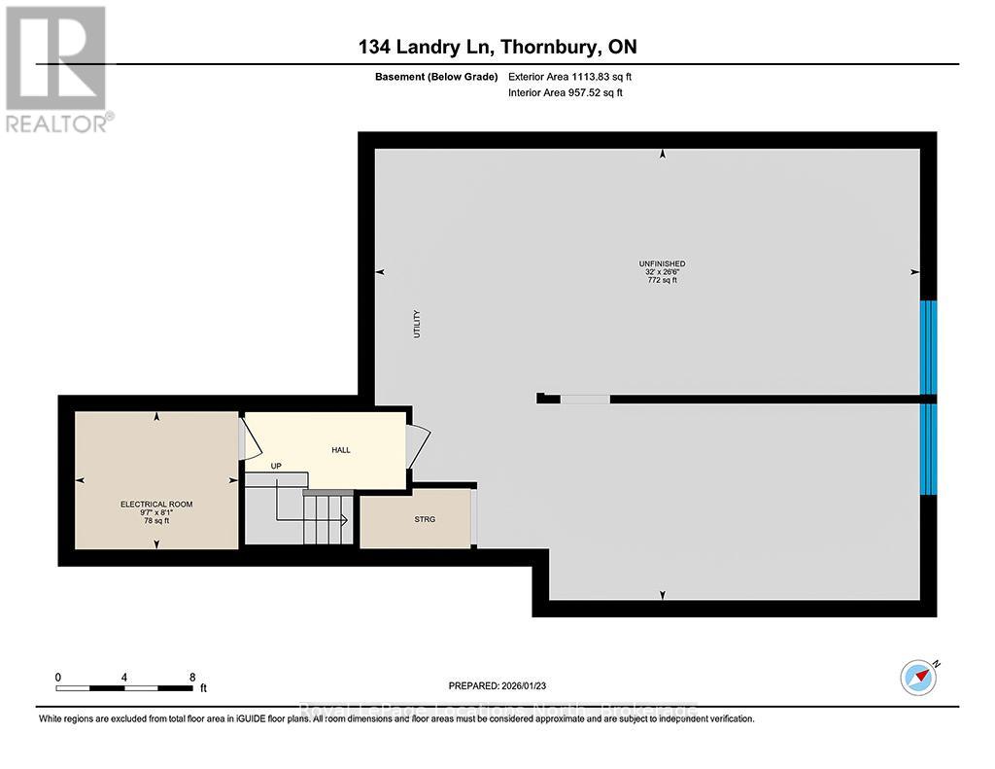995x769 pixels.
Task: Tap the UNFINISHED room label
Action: pyautogui.click(x=663, y=263)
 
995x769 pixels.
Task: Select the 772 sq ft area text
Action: pyautogui.click(x=663, y=280)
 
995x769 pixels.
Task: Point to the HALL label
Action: pyautogui.click(x=340, y=450)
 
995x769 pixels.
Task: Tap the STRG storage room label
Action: pyautogui.click(x=425, y=519)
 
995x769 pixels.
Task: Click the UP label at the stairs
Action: pyautogui.click(x=276, y=467)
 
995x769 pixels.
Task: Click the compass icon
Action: pyautogui.click(x=918, y=677)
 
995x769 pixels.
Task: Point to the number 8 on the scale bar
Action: pyautogui.click(x=192, y=677)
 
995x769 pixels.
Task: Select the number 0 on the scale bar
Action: pyautogui.click(x=58, y=677)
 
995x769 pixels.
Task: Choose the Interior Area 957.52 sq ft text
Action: pyautogui.click(x=566, y=92)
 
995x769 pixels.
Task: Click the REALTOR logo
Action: pyautogui.click(x=57, y=68)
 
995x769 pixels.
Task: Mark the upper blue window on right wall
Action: pyautogui.click(x=929, y=346)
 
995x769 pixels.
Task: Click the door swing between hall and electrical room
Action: pyautogui.click(x=249, y=440)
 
